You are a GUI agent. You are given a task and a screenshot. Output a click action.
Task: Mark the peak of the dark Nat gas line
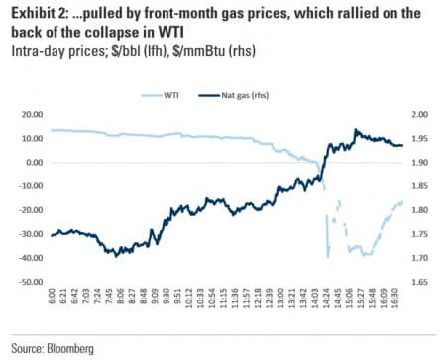356,129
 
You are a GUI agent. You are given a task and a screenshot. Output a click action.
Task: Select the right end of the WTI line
403,202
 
